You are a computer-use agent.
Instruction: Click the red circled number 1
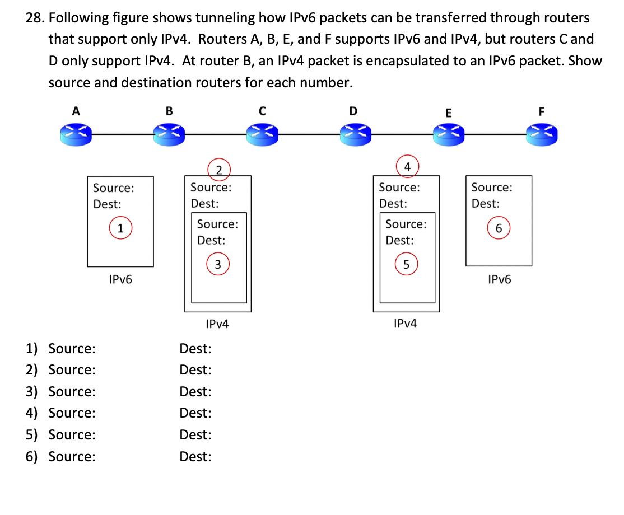tap(120, 228)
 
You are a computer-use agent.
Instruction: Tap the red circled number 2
tap(219, 170)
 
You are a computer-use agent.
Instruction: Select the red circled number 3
tap(218, 264)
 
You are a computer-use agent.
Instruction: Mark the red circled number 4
tap(407, 167)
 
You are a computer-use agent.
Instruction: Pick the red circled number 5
tap(407, 264)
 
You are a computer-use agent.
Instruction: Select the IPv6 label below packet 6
tap(499, 279)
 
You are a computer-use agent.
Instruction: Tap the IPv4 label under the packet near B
tap(217, 324)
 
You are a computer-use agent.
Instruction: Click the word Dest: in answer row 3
tap(195, 392)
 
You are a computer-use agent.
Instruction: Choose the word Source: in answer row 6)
tap(72, 457)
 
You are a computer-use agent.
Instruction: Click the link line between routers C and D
tap(307, 134)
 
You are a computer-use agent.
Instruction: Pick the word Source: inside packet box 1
tap(113, 188)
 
